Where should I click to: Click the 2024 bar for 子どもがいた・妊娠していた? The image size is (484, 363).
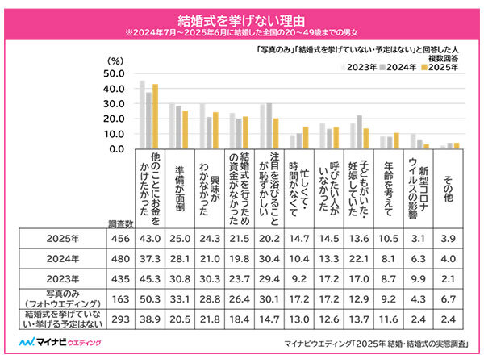pyautogui.click(x=359, y=132)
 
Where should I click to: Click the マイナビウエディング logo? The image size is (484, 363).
pyautogui.click(x=56, y=344)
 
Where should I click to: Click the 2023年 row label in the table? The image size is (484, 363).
pyautogui.click(x=62, y=277)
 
